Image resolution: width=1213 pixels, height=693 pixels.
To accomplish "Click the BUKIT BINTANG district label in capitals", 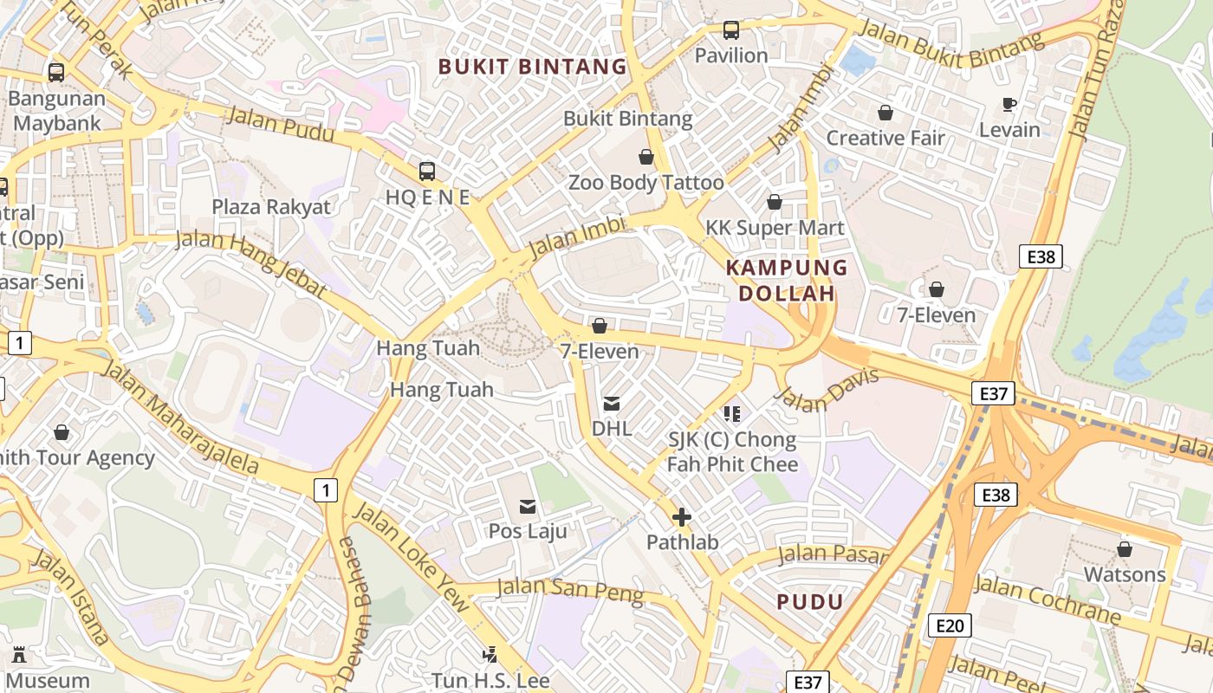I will [532, 67].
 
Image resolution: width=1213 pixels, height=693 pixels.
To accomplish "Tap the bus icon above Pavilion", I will [731, 30].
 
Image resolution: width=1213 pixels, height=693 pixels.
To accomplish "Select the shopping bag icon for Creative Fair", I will [885, 113].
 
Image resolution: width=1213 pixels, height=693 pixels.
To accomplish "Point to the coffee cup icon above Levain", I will [1009, 105].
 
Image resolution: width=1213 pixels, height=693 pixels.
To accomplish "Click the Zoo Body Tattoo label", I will [645, 183].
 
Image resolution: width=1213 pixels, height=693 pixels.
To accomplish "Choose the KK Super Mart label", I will [774, 228].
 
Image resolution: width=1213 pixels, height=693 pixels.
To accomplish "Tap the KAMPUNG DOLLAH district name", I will [786, 280].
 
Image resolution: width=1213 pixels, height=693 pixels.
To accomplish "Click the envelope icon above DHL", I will [612, 404].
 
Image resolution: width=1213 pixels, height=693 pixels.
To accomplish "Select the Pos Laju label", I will [528, 530].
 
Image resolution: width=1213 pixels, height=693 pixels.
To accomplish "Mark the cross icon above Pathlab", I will [682, 517].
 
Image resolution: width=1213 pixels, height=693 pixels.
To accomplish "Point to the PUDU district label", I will [810, 602].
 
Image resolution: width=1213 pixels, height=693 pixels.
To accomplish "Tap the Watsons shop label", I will [1125, 574].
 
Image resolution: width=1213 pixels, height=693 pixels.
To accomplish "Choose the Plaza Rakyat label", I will [271, 207].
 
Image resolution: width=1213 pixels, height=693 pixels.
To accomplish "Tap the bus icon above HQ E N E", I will [426, 171].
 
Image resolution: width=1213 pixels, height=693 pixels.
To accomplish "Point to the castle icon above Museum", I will [18, 654].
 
